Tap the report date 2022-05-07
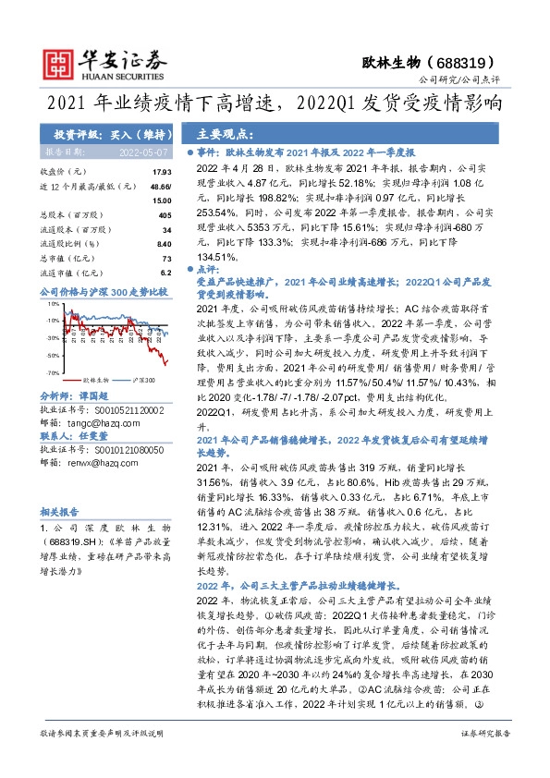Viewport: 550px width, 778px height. [x=142, y=151]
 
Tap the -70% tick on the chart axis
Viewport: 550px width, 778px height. [x=54, y=371]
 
